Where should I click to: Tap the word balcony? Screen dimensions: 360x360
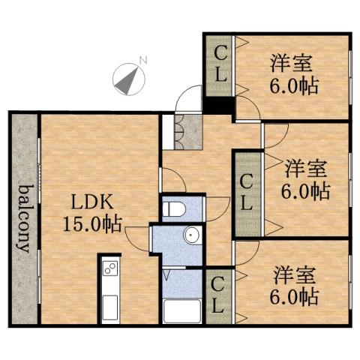click(24, 217)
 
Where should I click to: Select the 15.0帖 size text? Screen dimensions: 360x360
click(93, 223)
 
